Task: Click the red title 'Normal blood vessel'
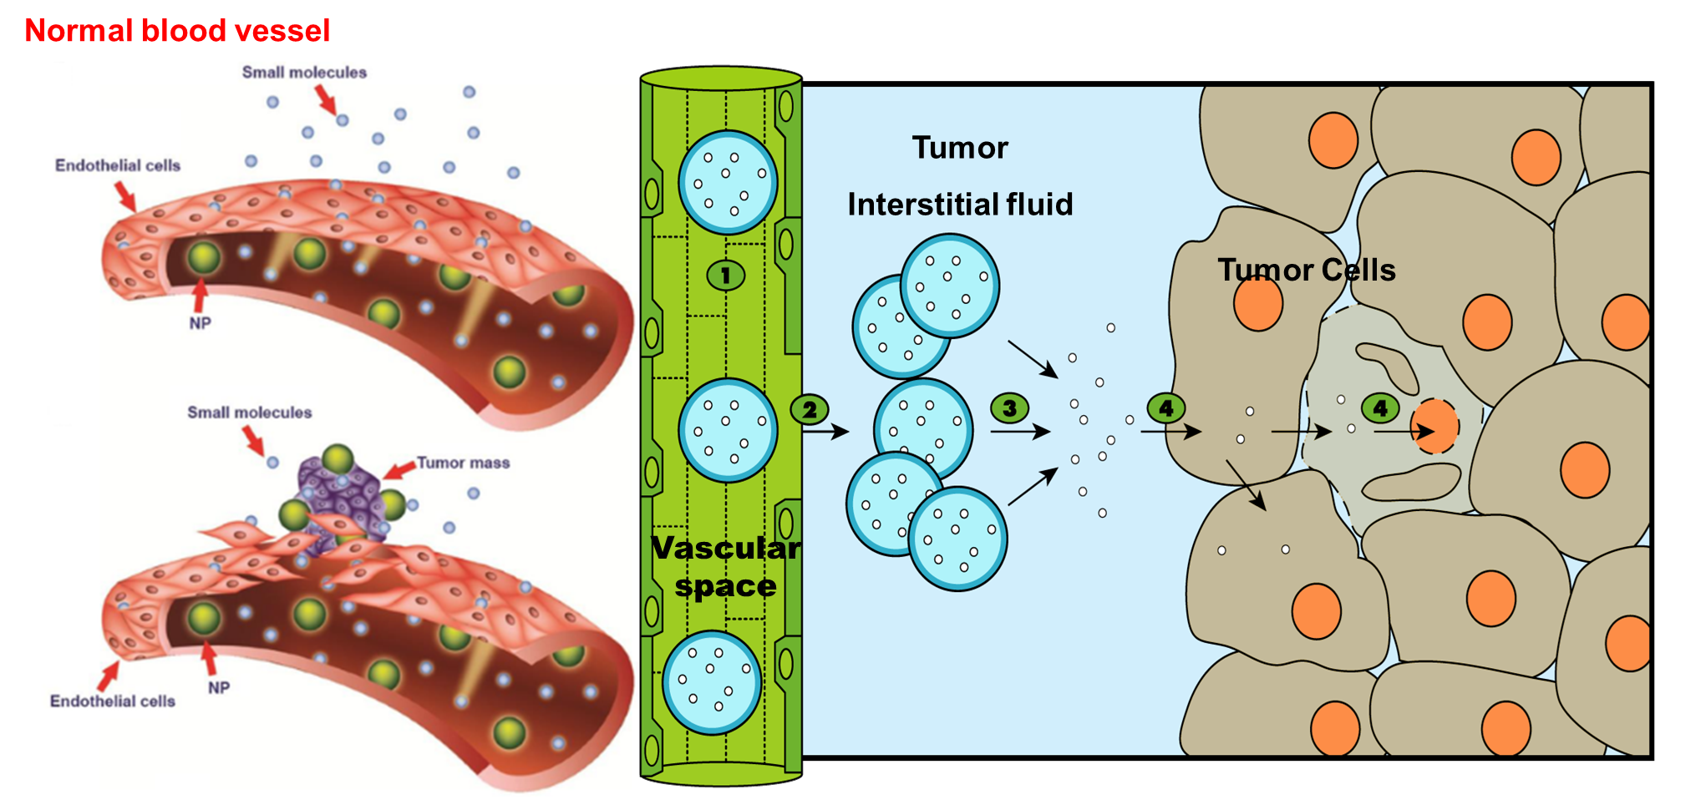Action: [x=177, y=31]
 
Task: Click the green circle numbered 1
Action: [x=725, y=275]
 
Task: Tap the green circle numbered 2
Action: [x=809, y=409]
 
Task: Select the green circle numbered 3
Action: [x=1009, y=408]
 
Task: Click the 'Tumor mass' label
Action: [x=463, y=463]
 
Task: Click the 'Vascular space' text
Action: [x=725, y=566]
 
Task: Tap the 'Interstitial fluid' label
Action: [x=960, y=205]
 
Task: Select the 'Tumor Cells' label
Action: [x=1307, y=270]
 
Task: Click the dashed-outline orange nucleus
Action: [x=1434, y=426]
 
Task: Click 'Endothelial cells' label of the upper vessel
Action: [x=118, y=165]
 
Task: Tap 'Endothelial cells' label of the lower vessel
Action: [x=113, y=701]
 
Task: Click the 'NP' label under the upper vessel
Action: [x=201, y=322]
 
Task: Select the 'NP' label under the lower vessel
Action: [x=219, y=687]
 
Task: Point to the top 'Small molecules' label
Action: [x=304, y=73]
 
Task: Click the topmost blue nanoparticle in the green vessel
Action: [x=728, y=182]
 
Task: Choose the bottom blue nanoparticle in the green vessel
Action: [x=712, y=682]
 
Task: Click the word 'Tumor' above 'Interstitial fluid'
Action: [x=960, y=148]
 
